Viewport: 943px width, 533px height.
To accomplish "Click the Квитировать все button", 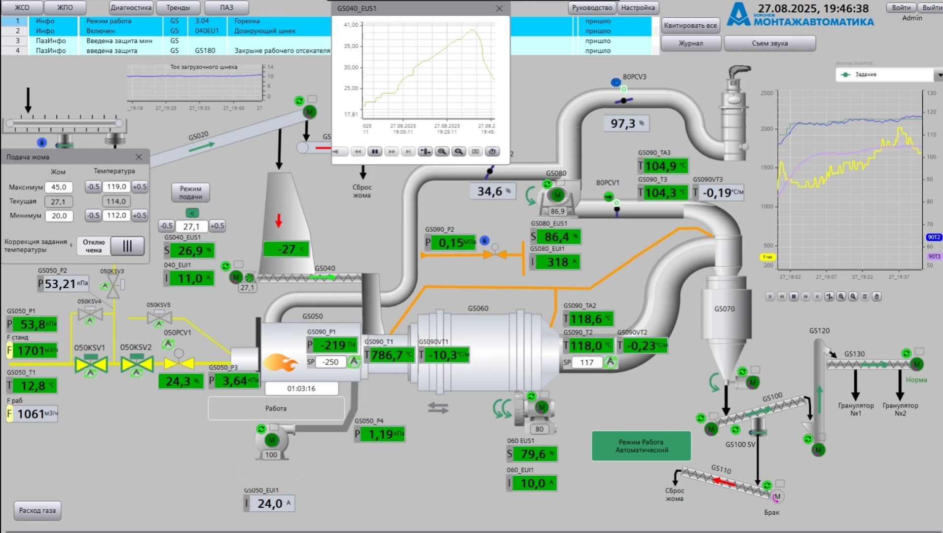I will coord(690,26).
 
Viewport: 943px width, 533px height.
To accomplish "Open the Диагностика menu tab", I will coord(131,8).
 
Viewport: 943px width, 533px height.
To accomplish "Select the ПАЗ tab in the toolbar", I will coord(226,8).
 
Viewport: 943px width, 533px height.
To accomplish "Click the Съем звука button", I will coord(769,43).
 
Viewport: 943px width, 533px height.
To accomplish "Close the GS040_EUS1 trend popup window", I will coord(499,8).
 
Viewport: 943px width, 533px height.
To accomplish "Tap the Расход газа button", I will coord(37,510).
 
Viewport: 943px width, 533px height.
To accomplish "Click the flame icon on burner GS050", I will coord(280,363).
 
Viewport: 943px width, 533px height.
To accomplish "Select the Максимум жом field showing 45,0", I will coord(59,187).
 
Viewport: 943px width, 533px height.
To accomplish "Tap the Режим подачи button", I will coord(190,192).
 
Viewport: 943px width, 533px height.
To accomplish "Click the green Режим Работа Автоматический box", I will coord(641,446).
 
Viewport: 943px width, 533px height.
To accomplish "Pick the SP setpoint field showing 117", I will coord(586,362).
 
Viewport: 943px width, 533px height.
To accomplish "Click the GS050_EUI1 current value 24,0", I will coord(270,503).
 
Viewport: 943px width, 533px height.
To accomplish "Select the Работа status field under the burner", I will coord(276,409).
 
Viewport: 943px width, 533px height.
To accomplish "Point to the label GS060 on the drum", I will coord(478,308).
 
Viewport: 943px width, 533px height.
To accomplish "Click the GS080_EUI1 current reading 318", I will coord(557,262).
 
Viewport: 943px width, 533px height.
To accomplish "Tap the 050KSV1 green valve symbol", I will coord(91,364).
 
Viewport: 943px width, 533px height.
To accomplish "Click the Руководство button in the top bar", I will coord(592,8).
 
